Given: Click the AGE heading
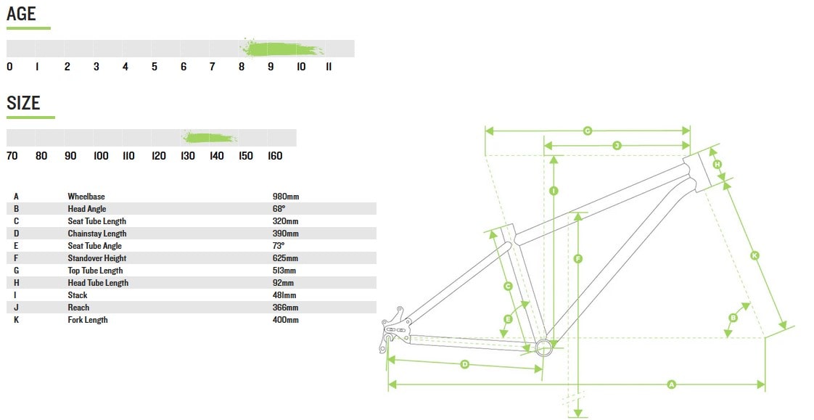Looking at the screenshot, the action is pos(21,14).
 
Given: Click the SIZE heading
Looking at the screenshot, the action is pos(23,103).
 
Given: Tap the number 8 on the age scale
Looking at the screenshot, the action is pos(242,67).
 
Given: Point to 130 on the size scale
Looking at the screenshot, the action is pos(188,156).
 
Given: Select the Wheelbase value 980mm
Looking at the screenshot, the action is pos(286,197).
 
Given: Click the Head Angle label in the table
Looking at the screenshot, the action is pos(86,209).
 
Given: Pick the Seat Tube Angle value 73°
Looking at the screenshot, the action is pos(279,246).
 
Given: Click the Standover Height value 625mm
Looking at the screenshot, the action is pos(286,258).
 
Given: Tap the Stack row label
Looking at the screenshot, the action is pos(78,295).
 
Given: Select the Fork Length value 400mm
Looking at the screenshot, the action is pos(286,320).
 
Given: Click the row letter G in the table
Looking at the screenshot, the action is pos(16,271).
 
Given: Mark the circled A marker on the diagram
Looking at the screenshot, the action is pos(672,384).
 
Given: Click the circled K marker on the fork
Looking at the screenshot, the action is pos(755,255).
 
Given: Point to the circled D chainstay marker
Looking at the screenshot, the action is pos(464,364).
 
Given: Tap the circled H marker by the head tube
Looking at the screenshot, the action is pos(718,165).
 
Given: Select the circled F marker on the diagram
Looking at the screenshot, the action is pos(578,258).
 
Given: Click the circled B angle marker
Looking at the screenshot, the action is pos(733,318).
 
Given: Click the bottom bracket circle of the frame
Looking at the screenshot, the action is pos(543,347).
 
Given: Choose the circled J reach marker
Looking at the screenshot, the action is pos(617,146).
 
